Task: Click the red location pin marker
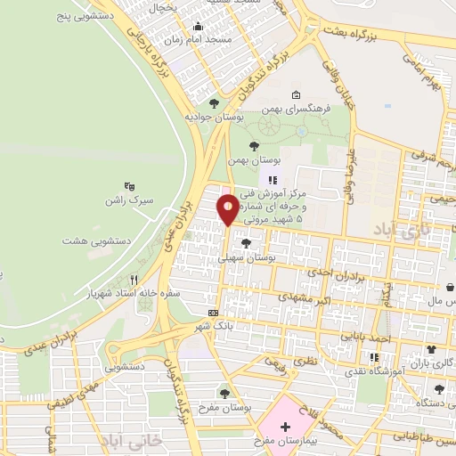(228, 208)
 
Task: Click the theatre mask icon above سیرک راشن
(130, 186)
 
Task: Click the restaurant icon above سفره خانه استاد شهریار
(134, 279)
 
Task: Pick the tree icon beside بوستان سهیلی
(246, 243)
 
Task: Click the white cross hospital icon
(284, 427)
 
